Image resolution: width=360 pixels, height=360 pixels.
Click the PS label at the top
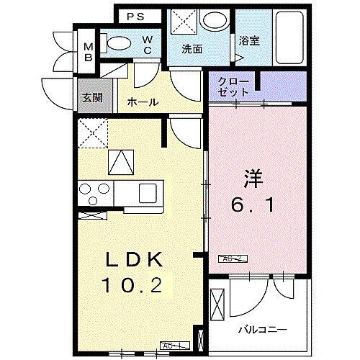135,16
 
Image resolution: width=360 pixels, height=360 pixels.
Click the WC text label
147,44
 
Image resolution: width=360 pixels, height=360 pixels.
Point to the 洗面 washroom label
192,50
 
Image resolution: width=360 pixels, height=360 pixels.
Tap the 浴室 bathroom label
250,41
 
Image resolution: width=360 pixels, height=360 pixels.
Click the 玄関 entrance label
90,98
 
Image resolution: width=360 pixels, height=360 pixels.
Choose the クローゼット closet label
232,87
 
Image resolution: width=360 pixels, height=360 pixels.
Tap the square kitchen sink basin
148,193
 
